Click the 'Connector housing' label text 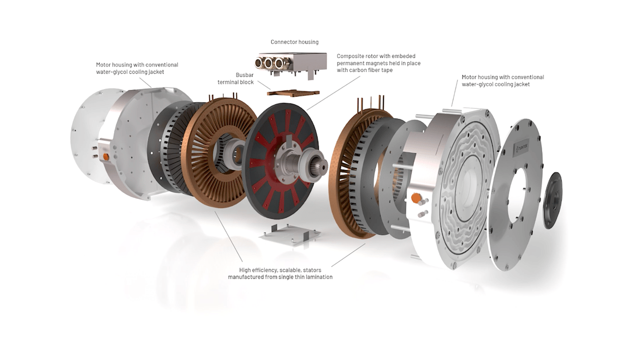point(294,42)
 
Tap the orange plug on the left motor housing point(106,156)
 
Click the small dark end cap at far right point(552,200)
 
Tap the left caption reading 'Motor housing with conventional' point(137,65)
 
